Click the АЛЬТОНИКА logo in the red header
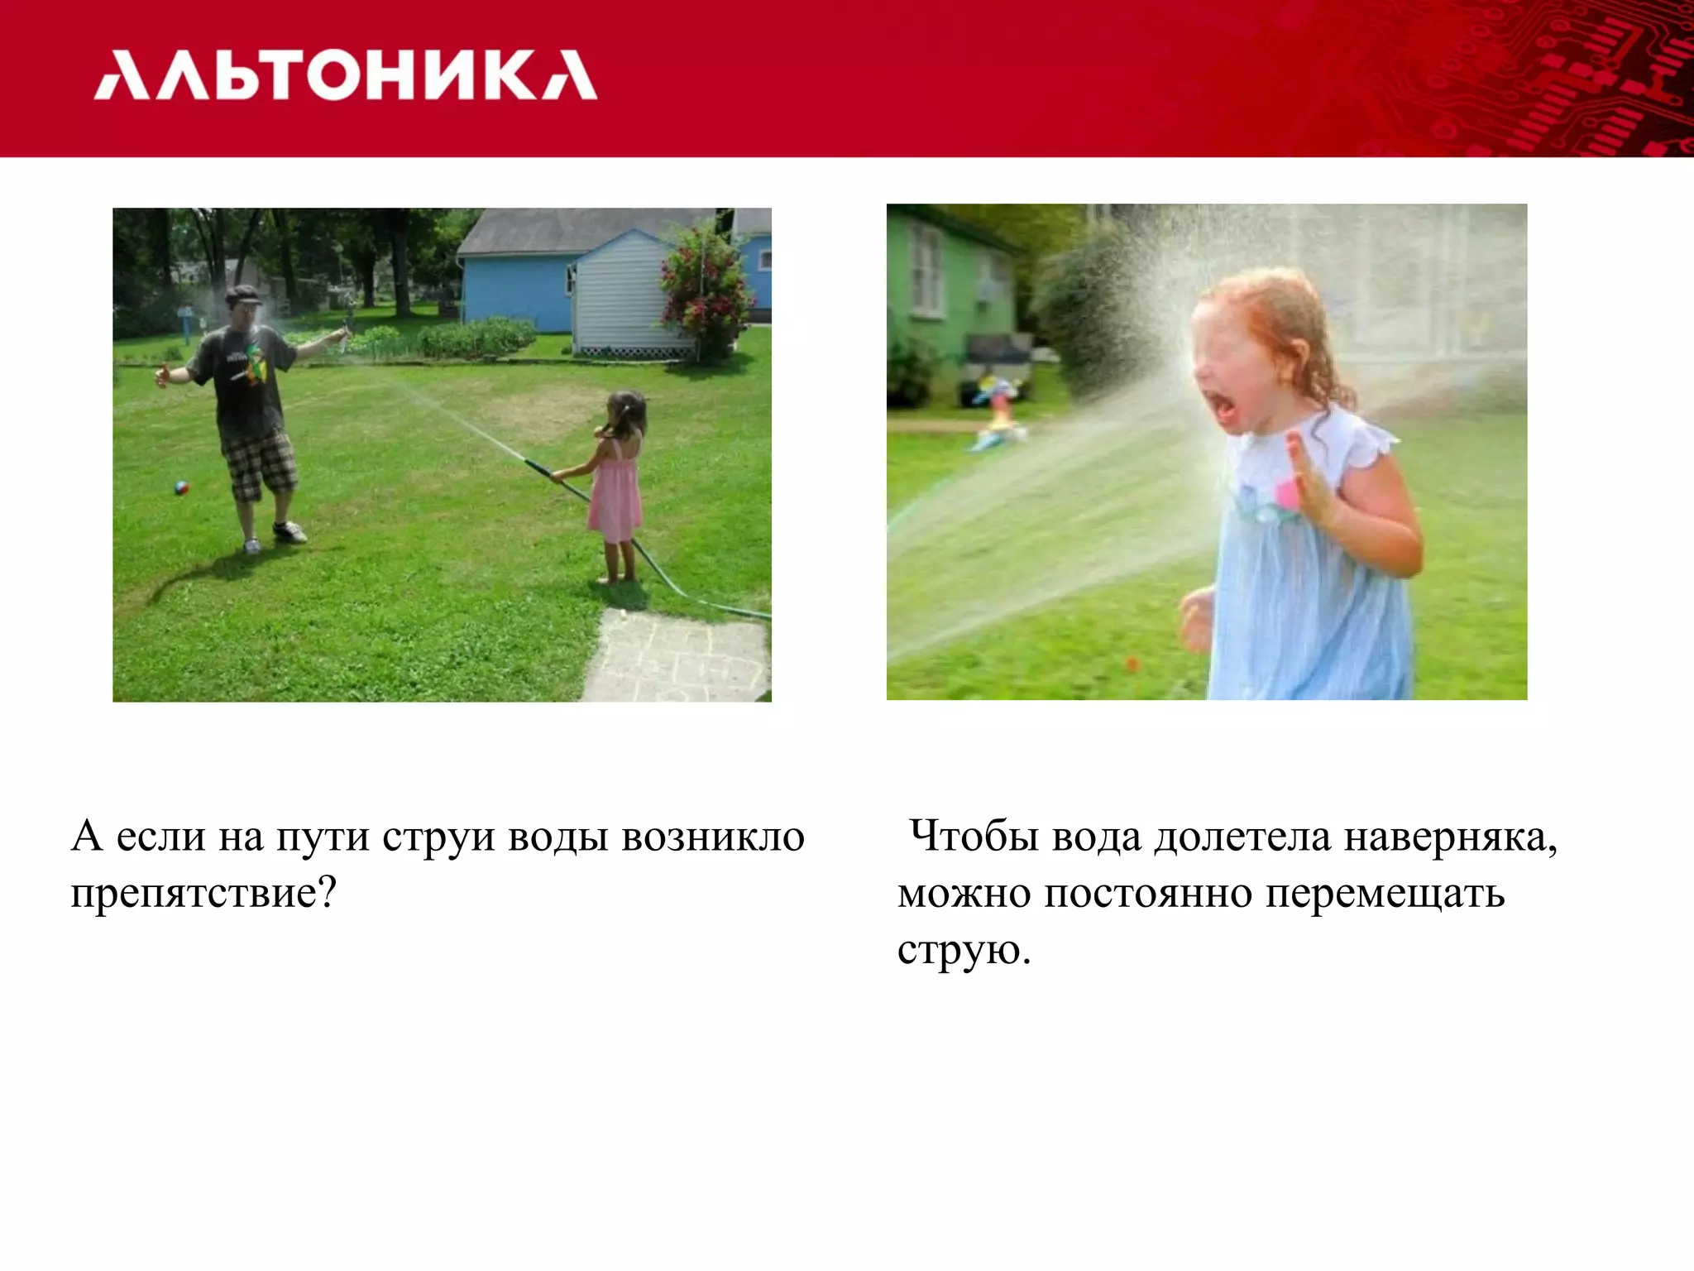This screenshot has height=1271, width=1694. tap(345, 75)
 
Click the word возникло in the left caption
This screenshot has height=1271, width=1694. tap(713, 837)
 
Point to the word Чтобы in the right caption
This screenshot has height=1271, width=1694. tap(973, 837)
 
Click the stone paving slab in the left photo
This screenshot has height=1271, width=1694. tap(678, 658)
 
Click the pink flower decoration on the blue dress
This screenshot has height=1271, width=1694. tap(1287, 494)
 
